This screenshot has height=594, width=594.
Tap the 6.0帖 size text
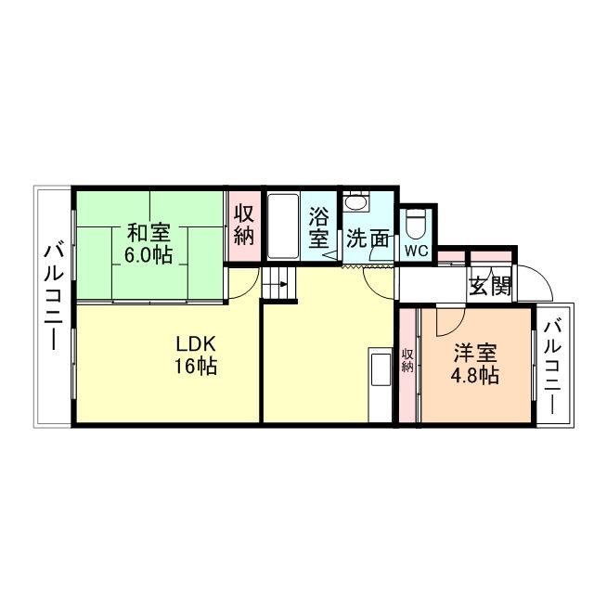point(148,254)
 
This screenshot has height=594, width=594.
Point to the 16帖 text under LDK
point(195,367)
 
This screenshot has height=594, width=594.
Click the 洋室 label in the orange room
point(474,354)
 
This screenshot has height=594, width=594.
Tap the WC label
point(416,251)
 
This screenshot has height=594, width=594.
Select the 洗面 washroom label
point(368,239)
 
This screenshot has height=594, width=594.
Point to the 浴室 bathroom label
point(319,227)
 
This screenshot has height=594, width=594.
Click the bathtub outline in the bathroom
point(282,227)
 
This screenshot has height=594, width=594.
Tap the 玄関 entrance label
point(489,286)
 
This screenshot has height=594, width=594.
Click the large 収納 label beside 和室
point(244,225)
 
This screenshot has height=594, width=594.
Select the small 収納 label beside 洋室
point(407,360)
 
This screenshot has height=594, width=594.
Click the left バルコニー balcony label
point(53,295)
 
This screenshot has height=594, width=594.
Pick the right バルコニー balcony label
point(553,367)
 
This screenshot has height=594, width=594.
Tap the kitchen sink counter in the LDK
point(381,369)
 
